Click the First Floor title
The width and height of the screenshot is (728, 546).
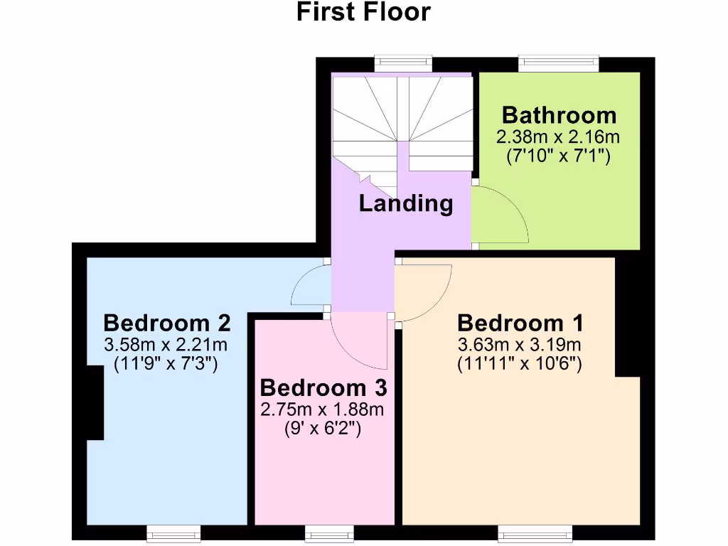pos(363,12)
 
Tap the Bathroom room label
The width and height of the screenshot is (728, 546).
pos(559,115)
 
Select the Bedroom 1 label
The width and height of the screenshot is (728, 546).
pos(520,323)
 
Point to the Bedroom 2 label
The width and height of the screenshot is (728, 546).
pos(167,323)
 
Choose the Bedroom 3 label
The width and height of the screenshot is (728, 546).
pos(323,388)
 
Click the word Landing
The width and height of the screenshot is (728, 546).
pos(405,204)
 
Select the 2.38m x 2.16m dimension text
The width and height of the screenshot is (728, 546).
pos(559,136)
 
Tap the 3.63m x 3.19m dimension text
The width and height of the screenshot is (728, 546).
pos(520,345)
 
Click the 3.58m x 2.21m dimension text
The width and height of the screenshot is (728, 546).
pos(166,345)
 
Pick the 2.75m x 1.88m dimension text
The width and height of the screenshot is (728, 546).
pos(323,409)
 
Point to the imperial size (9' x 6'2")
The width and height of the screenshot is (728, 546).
pos(323,429)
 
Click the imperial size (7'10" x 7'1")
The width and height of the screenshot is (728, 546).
pos(559,156)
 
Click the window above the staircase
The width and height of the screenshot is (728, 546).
pos(404,63)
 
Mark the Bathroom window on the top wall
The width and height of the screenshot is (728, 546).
pos(559,63)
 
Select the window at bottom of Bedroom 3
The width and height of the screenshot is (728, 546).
pos(328,532)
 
